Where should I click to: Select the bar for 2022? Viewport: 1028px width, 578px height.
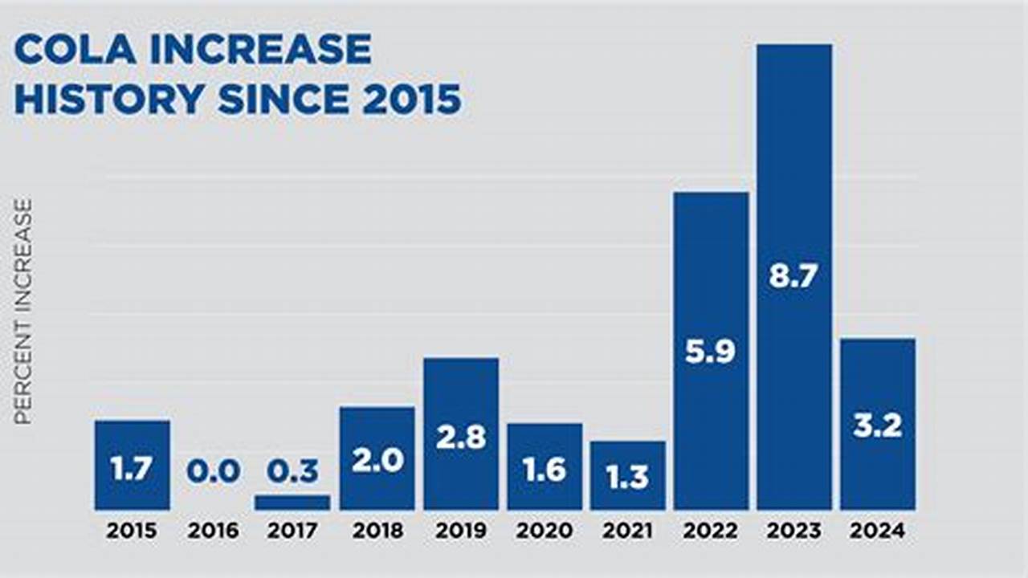click(711, 265)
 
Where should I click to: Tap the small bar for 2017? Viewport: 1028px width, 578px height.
click(292, 503)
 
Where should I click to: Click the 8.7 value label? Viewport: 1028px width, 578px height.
click(794, 277)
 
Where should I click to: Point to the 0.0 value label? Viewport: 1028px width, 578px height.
click(214, 472)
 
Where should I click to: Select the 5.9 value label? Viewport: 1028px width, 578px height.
click(711, 352)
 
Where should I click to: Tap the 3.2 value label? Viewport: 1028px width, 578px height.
click(878, 426)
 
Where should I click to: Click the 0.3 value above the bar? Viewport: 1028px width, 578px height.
click(292, 472)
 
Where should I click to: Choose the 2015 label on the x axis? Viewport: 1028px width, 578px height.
click(132, 531)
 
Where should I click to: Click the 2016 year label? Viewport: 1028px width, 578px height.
click(214, 531)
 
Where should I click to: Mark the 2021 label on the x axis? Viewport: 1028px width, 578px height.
click(627, 531)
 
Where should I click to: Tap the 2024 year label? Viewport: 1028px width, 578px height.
click(878, 531)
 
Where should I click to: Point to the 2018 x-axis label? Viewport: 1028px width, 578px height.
click(377, 531)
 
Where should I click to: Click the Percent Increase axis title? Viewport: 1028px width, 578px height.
click(23, 311)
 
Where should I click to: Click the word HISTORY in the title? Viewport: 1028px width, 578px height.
click(109, 100)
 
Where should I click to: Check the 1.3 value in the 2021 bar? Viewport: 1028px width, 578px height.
click(627, 477)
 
